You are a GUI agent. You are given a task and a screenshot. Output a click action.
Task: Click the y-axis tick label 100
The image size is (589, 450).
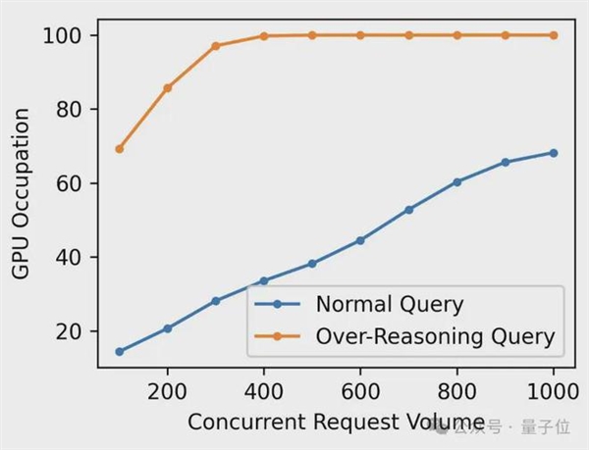point(65,35)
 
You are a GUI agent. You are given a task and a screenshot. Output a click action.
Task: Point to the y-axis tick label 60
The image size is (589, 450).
point(71,183)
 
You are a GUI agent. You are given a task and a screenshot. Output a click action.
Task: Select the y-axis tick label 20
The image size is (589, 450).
point(71,331)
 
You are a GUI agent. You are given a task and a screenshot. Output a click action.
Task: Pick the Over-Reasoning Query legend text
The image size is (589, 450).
point(435,336)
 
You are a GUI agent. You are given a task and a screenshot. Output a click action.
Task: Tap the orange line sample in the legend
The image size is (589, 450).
point(278,336)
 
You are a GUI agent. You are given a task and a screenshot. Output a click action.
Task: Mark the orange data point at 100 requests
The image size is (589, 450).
point(119,149)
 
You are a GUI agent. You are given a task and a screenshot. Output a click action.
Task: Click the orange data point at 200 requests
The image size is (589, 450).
point(167,87)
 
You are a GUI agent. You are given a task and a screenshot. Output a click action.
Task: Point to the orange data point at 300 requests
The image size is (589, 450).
point(216,46)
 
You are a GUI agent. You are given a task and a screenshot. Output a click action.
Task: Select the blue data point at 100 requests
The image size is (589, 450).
point(119,351)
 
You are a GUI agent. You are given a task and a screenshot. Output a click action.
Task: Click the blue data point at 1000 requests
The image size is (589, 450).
point(553,153)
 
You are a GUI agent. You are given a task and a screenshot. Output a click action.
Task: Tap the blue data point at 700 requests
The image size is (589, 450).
point(408,210)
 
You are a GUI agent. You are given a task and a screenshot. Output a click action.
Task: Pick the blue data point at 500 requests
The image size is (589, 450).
point(312,264)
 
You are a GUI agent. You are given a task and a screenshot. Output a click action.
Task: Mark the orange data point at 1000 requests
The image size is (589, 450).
point(553,35)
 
